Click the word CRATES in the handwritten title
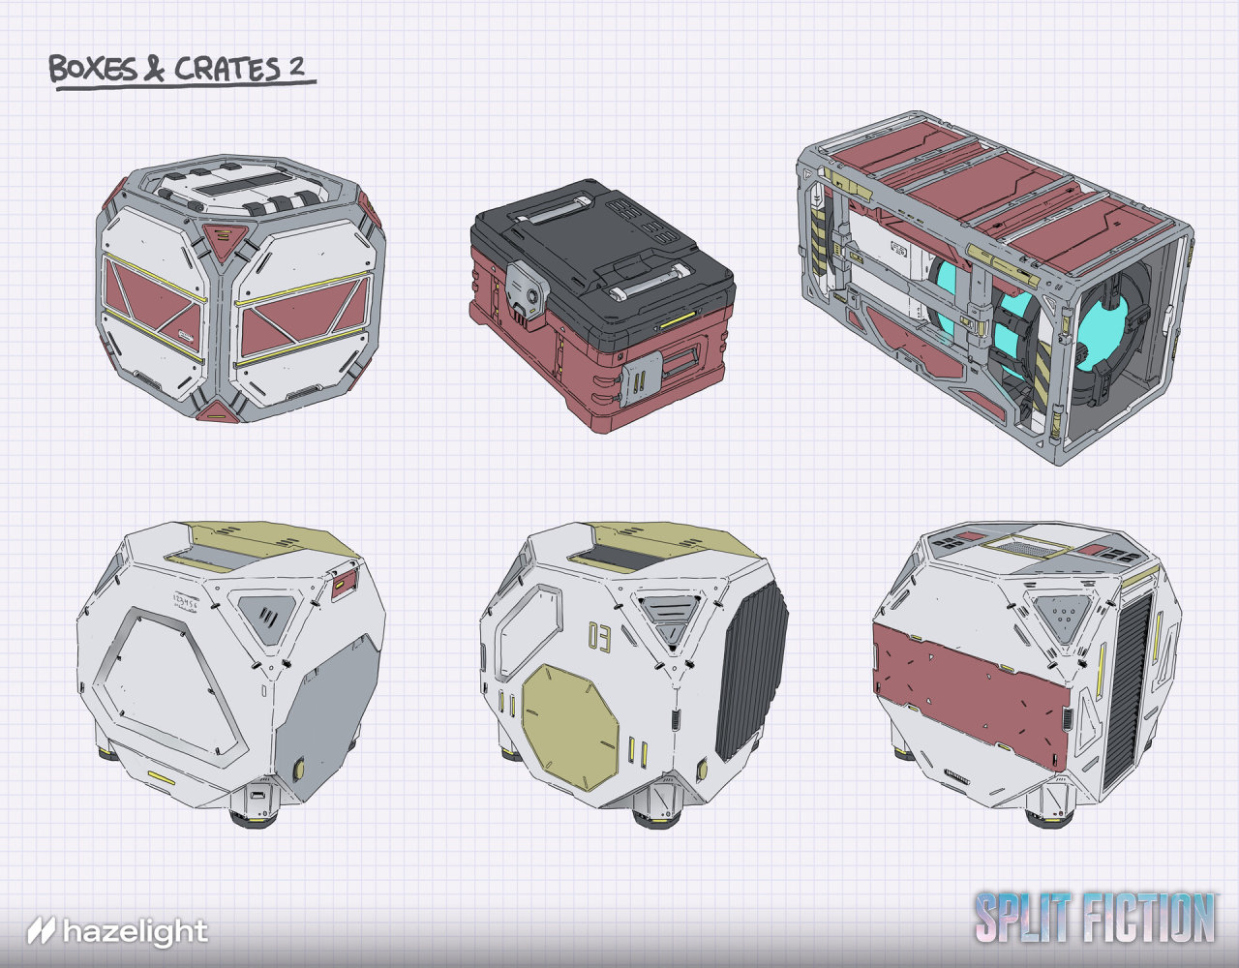pos(227,69)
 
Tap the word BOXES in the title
pos(93,70)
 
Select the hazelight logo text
pos(136,932)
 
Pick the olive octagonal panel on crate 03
pos(570,727)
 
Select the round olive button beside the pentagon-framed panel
pos(298,769)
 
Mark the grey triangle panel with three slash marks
pos(267,614)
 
